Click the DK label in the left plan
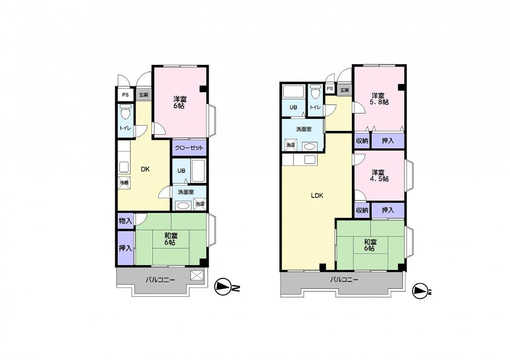145,169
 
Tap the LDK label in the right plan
317,196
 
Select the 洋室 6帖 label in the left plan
180,102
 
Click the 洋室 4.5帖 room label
379,175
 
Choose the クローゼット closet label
189,148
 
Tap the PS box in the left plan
125,95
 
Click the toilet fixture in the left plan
125,112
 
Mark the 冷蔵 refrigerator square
124,183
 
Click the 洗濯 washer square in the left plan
200,204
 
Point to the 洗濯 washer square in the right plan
291,145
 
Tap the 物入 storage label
125,221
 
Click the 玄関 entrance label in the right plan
344,90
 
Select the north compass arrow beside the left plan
222,287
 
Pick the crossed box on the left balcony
197,275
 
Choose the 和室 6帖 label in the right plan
370,245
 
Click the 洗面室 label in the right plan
304,129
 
